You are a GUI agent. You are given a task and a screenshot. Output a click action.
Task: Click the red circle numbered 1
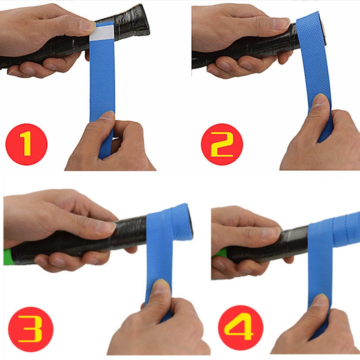[26, 144]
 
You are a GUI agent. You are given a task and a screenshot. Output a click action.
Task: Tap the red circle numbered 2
[222, 144]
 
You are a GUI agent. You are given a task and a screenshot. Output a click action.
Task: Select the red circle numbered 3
[30, 329]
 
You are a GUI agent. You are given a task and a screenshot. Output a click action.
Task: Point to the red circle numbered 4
[240, 328]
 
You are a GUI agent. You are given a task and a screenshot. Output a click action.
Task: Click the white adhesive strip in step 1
[102, 32]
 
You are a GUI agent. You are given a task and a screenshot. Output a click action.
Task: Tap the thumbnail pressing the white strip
[87, 25]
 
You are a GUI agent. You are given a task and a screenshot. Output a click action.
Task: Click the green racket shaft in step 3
[8, 257]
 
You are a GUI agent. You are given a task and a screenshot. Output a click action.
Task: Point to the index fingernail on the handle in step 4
[271, 232]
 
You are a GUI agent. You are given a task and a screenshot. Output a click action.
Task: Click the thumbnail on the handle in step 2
[281, 23]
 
